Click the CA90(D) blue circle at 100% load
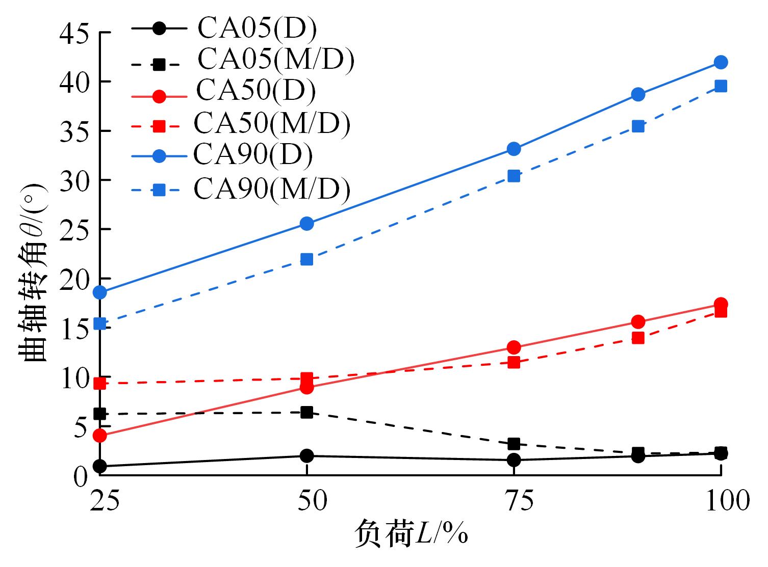tap(721, 63)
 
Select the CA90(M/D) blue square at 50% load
tap(306, 259)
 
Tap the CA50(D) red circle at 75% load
tap(514, 347)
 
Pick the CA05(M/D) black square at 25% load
tap(100, 414)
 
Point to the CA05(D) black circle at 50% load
tap(306, 455)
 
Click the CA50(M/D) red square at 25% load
tap(100, 383)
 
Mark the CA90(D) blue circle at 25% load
tap(100, 292)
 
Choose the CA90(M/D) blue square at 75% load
tap(514, 176)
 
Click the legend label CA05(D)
tap(257, 29)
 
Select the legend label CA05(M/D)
tap(275, 60)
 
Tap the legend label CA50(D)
tap(256, 91)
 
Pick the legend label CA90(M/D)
tap(272, 189)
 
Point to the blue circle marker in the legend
tap(159, 156)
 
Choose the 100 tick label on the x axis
tap(727, 501)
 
